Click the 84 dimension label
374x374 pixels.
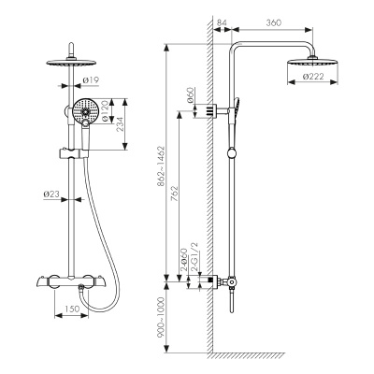[222, 22]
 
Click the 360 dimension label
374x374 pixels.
[274, 22]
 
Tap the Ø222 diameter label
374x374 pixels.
[313, 76]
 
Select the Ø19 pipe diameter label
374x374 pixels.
[91, 80]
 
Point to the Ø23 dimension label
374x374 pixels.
[51, 194]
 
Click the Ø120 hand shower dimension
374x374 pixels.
[105, 111]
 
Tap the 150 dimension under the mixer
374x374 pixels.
[72, 309]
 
